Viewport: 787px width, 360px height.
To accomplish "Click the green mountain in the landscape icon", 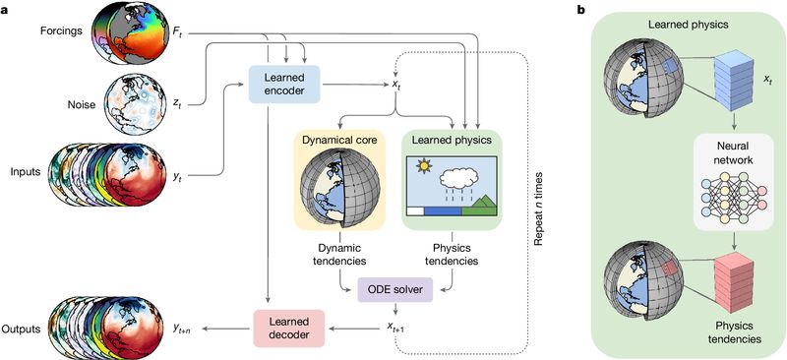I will (x=477, y=206).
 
